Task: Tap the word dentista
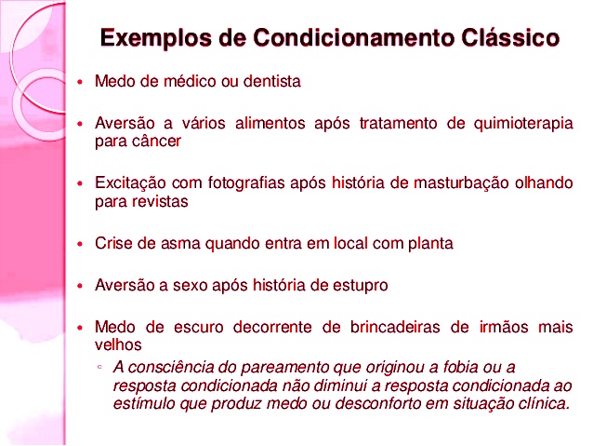[x=272, y=82]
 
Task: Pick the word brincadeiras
[x=384, y=327]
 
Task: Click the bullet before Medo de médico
[x=81, y=83]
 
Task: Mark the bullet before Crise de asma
[x=81, y=244]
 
